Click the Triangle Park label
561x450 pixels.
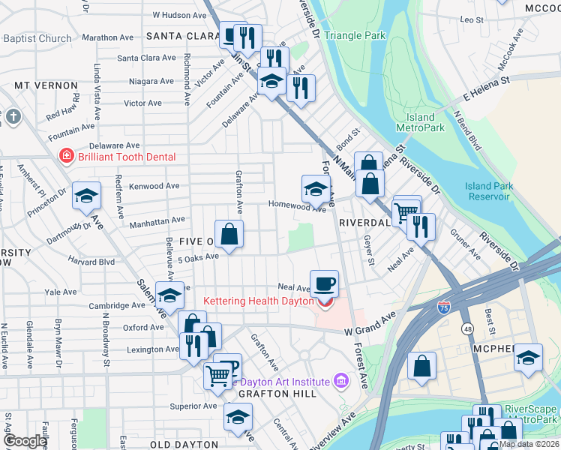pos(355,35)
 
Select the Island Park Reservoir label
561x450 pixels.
pos(487,191)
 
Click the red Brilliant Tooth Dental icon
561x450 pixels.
pos(67,156)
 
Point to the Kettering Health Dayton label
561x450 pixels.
pos(258,301)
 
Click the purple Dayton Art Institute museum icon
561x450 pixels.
pos(342,382)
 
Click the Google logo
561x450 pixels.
pos(25,441)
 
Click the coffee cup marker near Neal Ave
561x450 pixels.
pos(324,283)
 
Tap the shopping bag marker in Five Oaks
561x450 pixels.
pos(229,233)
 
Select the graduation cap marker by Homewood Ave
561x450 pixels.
pos(316,188)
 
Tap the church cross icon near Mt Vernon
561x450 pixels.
pos(13,117)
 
